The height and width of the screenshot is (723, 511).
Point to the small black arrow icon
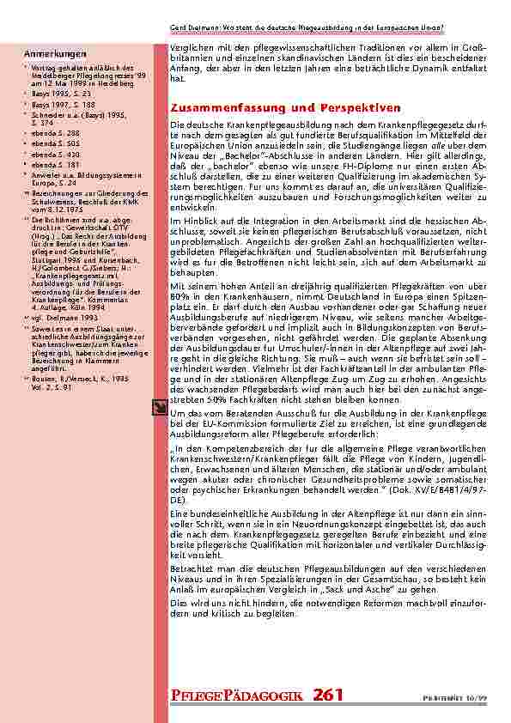pyautogui.click(x=159, y=410)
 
